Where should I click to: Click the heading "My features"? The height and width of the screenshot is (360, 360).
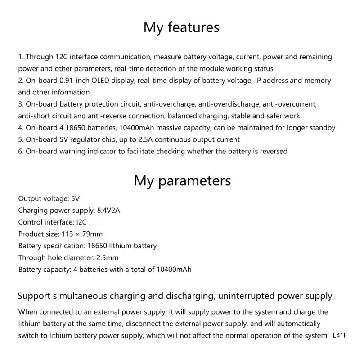click(x=181, y=27)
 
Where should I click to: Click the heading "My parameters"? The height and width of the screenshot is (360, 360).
click(x=182, y=181)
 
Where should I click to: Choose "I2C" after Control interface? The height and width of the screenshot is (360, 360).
click(x=81, y=222)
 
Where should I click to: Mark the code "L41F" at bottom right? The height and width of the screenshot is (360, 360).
click(x=341, y=335)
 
